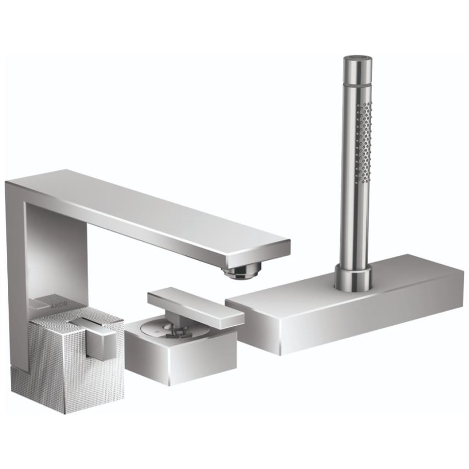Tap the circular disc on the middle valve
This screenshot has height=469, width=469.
(159, 331)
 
